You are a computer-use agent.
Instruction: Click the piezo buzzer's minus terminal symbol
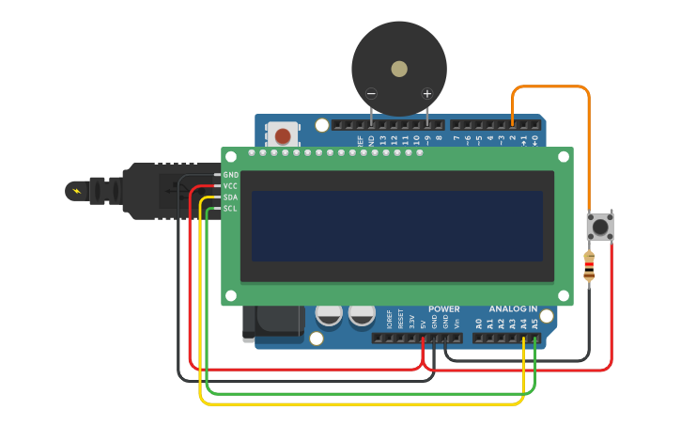pos(372,93)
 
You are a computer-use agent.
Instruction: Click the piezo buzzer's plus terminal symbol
pos(427,93)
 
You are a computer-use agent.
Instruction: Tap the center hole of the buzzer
pos(399,69)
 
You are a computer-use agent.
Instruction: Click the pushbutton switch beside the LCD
pos(600,226)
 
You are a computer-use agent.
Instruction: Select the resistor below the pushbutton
pos(589,266)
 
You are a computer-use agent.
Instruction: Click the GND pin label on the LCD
pos(231,175)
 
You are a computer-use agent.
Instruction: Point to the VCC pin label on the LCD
pos(231,186)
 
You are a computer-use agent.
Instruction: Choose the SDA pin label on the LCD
pos(231,197)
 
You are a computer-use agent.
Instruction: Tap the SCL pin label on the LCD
pos(231,209)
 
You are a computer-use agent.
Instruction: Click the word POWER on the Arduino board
pos(444,309)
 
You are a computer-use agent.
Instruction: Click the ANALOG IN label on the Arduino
pos(513,309)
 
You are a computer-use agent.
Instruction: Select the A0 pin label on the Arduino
pos(478,323)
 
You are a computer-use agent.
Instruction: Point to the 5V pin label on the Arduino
pos(423,323)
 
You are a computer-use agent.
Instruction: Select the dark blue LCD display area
pos(396,226)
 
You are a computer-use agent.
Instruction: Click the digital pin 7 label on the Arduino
pos(457,139)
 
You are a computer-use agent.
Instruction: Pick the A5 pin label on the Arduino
pos(534,323)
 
